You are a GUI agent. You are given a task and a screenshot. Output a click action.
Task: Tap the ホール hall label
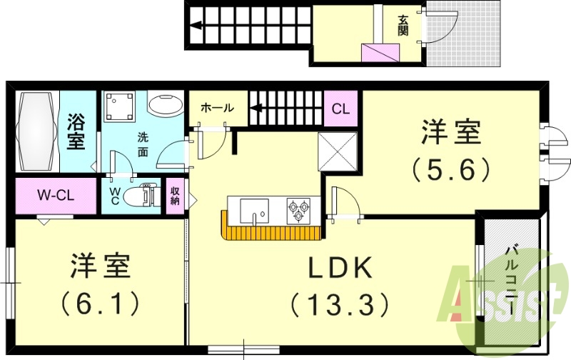(x=217, y=108)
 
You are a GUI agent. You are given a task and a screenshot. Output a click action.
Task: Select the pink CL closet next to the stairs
(x=341, y=109)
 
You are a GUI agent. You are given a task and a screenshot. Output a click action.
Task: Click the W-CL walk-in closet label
(x=56, y=195)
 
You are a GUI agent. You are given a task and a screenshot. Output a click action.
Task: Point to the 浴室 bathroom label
(x=76, y=132)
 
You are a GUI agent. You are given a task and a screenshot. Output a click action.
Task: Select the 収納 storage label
(x=175, y=196)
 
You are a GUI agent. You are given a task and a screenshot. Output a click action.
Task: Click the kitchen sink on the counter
(x=254, y=210)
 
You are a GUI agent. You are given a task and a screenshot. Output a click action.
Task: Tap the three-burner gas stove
(x=299, y=210)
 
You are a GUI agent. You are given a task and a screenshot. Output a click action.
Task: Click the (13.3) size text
(x=340, y=306)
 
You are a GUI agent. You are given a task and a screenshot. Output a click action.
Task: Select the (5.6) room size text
(x=450, y=169)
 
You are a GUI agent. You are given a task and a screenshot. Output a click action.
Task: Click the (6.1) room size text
(x=99, y=305)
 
